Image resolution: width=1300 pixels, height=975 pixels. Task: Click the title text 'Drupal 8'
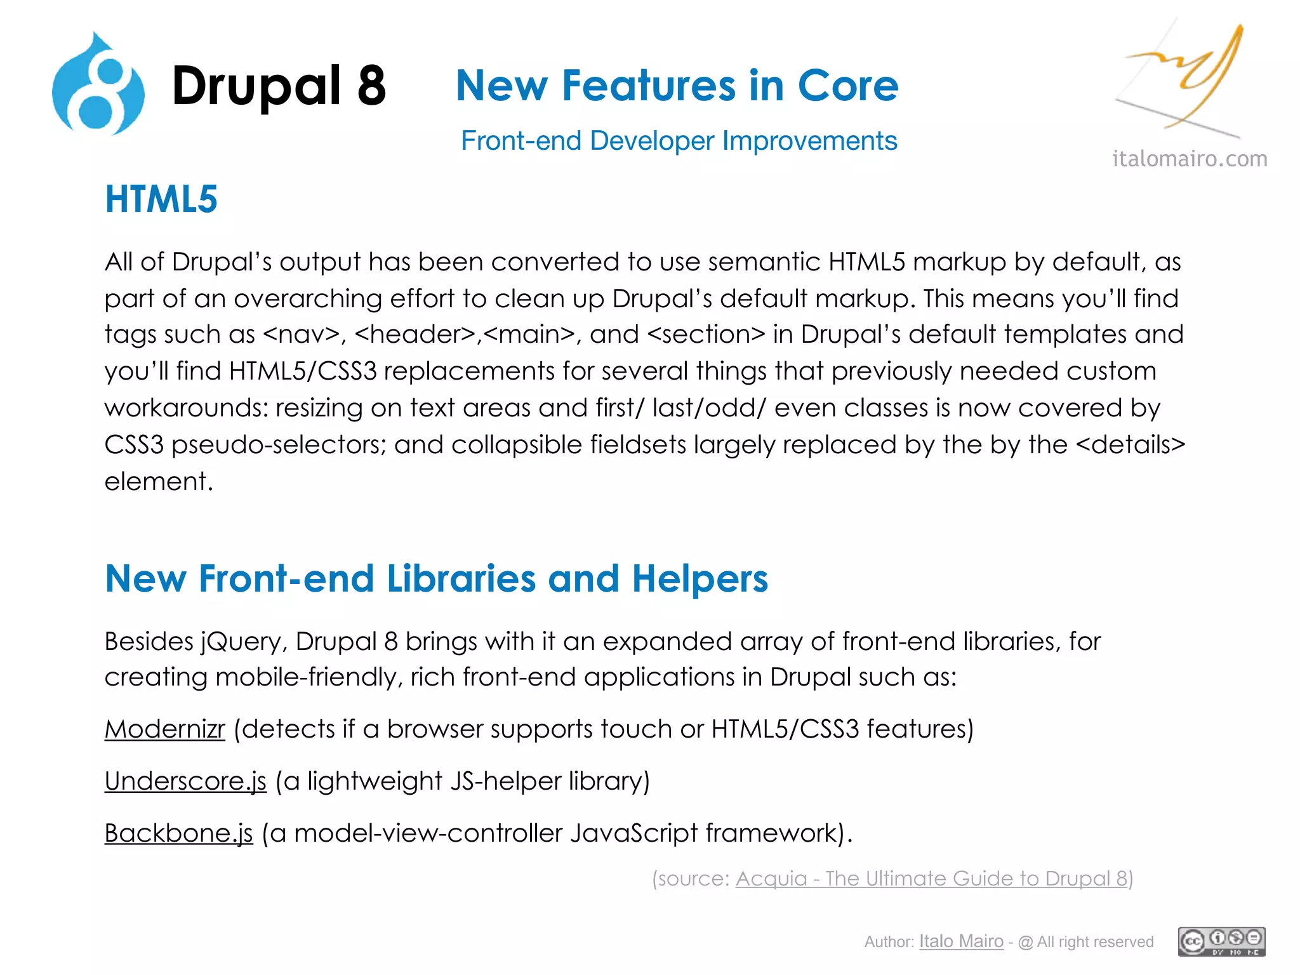coord(279,86)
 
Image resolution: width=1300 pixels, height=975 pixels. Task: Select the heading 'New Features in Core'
coord(677,86)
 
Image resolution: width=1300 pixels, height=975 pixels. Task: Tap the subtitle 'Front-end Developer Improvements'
coord(679,141)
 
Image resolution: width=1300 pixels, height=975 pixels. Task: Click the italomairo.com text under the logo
coord(1190,159)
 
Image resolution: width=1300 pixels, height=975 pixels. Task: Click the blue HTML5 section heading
coord(161,199)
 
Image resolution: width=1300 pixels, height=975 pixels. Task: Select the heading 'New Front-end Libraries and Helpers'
coord(436,579)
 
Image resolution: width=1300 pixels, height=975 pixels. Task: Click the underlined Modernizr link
coord(164,729)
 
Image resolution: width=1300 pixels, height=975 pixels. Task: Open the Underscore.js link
coord(185,781)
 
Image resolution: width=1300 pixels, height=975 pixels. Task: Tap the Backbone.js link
coord(178,833)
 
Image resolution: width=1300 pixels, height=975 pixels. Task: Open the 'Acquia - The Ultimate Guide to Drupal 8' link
coord(931,879)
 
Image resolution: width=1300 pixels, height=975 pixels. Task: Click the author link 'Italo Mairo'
coord(961,941)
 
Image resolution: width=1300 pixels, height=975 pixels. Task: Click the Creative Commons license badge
coord(1221,941)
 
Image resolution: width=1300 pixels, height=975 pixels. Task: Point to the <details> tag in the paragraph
coord(1131,445)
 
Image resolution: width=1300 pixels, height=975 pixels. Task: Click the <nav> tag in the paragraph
coord(301,335)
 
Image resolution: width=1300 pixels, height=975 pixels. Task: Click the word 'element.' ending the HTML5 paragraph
coord(159,482)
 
